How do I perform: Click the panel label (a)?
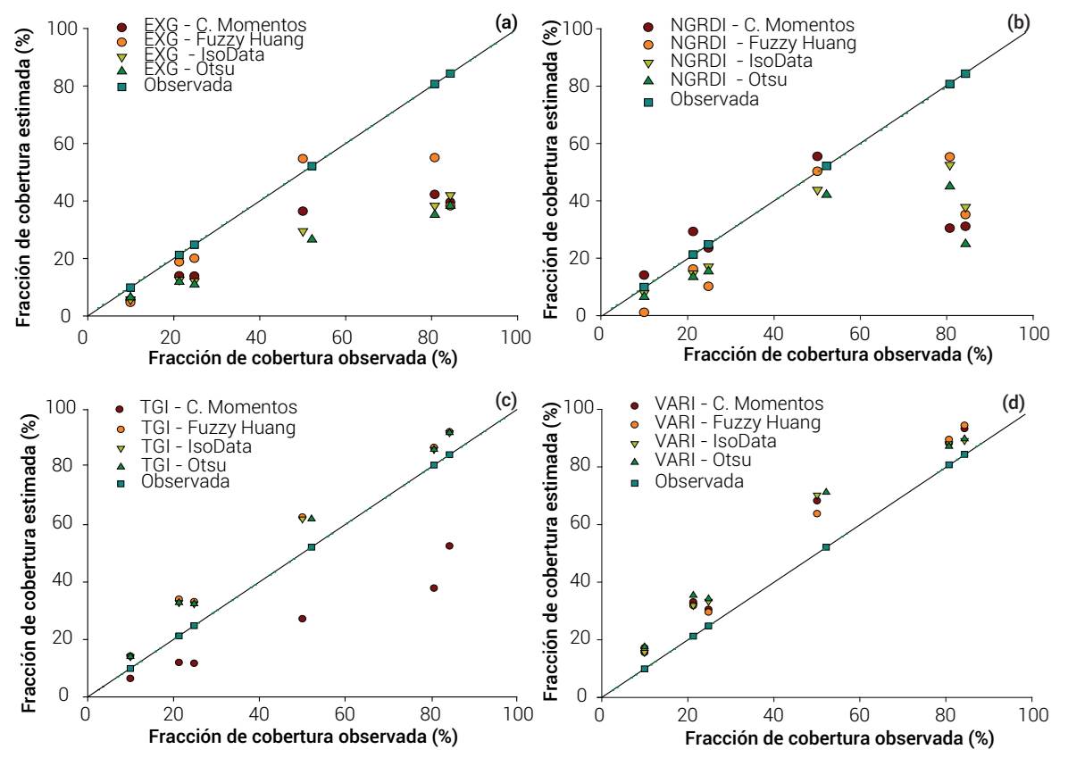(x=506, y=22)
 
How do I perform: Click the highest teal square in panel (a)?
(x=450, y=73)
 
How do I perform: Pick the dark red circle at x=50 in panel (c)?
(x=302, y=619)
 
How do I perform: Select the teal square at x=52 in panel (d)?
(x=826, y=546)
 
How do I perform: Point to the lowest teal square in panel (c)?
(x=129, y=668)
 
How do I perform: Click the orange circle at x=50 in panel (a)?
(x=303, y=158)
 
